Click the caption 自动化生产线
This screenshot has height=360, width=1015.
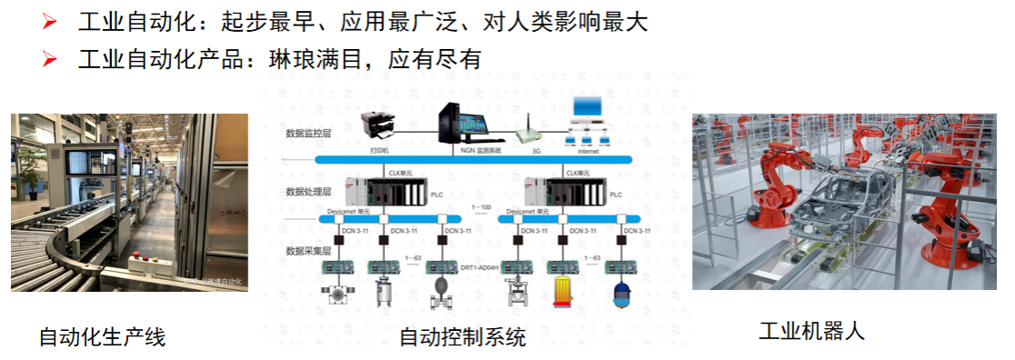102,337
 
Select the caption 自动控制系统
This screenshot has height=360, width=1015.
463,338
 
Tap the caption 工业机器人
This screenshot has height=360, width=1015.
811,331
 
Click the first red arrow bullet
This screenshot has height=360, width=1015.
50,21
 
